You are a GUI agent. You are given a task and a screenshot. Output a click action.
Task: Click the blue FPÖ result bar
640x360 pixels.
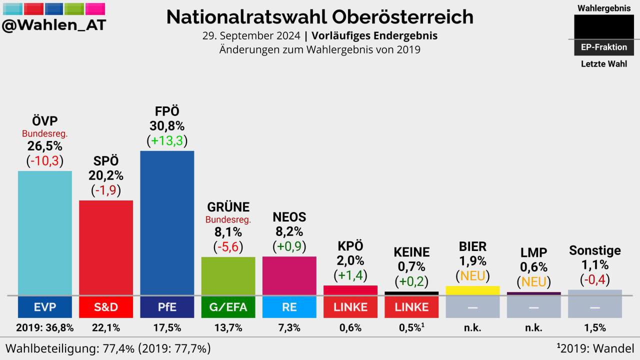[167, 222]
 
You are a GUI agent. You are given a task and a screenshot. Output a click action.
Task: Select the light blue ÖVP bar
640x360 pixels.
[44, 232]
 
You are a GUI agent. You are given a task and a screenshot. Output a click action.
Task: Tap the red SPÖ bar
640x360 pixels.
[106, 247]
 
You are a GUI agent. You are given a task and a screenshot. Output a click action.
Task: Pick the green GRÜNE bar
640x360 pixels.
[228, 275]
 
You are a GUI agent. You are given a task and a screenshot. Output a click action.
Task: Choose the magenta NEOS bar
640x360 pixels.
[289, 275]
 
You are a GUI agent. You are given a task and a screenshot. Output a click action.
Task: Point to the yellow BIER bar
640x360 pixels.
[472, 290]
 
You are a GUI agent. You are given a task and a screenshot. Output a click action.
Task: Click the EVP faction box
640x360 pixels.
[44, 307]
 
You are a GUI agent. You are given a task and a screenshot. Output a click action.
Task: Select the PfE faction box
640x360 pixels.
[167, 307]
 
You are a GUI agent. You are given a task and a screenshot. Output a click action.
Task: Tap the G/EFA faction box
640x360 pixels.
[228, 307]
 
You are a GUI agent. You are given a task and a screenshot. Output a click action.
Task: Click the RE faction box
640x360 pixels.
[289, 307]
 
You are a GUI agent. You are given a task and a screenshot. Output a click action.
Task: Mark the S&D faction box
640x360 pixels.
[106, 307]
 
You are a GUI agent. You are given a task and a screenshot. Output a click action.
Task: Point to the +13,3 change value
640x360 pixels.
[167, 141]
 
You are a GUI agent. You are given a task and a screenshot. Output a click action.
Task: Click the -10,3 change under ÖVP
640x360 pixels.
[44, 161]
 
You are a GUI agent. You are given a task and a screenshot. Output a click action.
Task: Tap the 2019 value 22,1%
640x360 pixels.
[106, 328]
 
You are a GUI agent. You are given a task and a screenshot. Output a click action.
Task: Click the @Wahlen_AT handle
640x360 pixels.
[54, 25]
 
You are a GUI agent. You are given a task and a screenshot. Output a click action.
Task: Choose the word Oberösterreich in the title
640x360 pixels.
[402, 17]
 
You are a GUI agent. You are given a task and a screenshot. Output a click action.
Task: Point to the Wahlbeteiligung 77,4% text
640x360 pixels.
[107, 348]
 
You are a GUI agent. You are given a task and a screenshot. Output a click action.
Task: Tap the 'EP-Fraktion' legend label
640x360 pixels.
[603, 47]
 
